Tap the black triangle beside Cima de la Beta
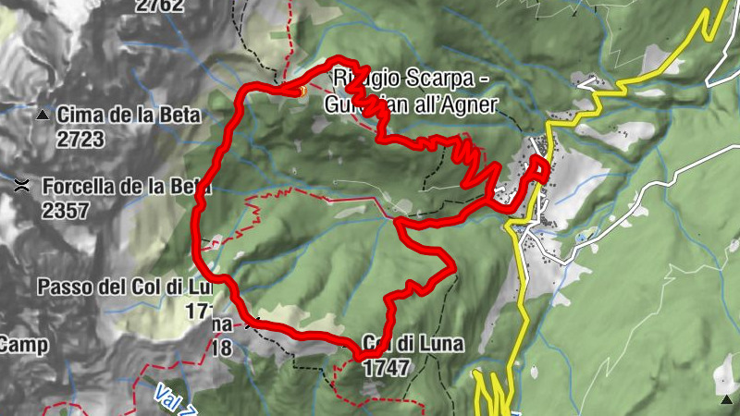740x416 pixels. pyautogui.click(x=43, y=116)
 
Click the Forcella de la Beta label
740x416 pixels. pyautogui.click(x=126, y=186)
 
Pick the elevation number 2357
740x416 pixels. pyautogui.click(x=66, y=210)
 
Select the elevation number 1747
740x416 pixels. pyautogui.click(x=387, y=367)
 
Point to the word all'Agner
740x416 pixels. pyautogui.click(x=458, y=104)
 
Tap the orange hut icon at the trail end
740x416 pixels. pyautogui.click(x=300, y=90)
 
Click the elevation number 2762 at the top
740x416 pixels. pyautogui.click(x=159, y=6)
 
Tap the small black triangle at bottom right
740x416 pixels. pyautogui.click(x=726, y=399)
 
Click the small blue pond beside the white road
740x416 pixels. pyautogui.click(x=580, y=237)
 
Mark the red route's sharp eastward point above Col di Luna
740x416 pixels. pyautogui.click(x=453, y=270)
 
